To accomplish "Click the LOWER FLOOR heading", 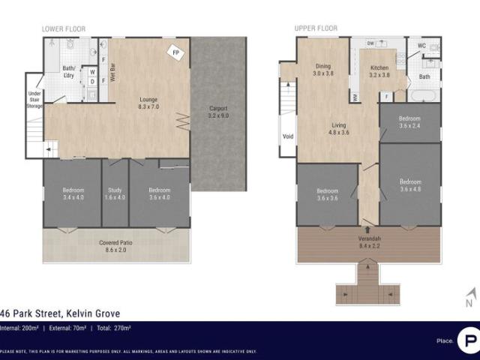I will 64,29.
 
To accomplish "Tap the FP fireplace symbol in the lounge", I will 176,53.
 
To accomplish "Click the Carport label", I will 218,112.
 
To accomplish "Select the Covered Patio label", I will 115,246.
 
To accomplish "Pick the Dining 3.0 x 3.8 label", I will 323,70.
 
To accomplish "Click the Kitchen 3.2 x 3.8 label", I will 380,71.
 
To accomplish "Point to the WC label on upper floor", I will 422,45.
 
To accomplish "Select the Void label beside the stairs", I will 288,136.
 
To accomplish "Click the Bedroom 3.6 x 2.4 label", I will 409,122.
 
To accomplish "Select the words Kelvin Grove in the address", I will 94,313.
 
